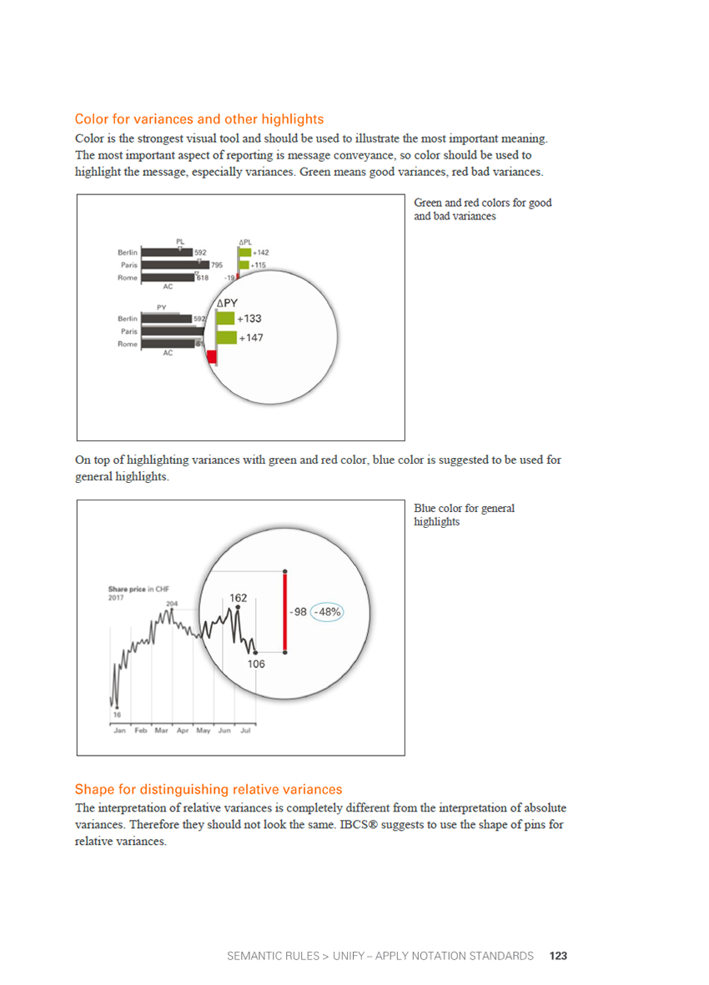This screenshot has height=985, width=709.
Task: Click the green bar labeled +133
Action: tap(224, 319)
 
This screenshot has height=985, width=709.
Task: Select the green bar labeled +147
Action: tap(226, 338)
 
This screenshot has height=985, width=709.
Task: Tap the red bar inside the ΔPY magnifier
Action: tap(212, 357)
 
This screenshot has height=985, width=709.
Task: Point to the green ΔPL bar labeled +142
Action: tap(244, 252)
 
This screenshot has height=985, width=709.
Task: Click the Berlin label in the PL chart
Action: tap(128, 252)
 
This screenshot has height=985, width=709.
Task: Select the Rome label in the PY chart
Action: tap(128, 344)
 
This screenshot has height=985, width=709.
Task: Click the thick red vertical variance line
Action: tap(285, 611)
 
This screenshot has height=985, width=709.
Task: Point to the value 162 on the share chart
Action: tap(239, 597)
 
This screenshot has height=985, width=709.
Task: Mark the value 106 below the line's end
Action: tap(256, 664)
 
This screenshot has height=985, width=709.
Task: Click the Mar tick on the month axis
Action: tap(162, 731)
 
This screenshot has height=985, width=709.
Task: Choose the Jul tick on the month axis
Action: tap(245, 731)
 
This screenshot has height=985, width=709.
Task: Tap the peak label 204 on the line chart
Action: tap(172, 603)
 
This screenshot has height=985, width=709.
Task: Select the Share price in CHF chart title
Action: tap(138, 589)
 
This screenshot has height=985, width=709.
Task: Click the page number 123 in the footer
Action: tap(558, 956)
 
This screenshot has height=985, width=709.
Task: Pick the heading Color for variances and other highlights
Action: tap(199, 119)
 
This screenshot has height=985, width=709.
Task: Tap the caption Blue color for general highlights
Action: tap(464, 515)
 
